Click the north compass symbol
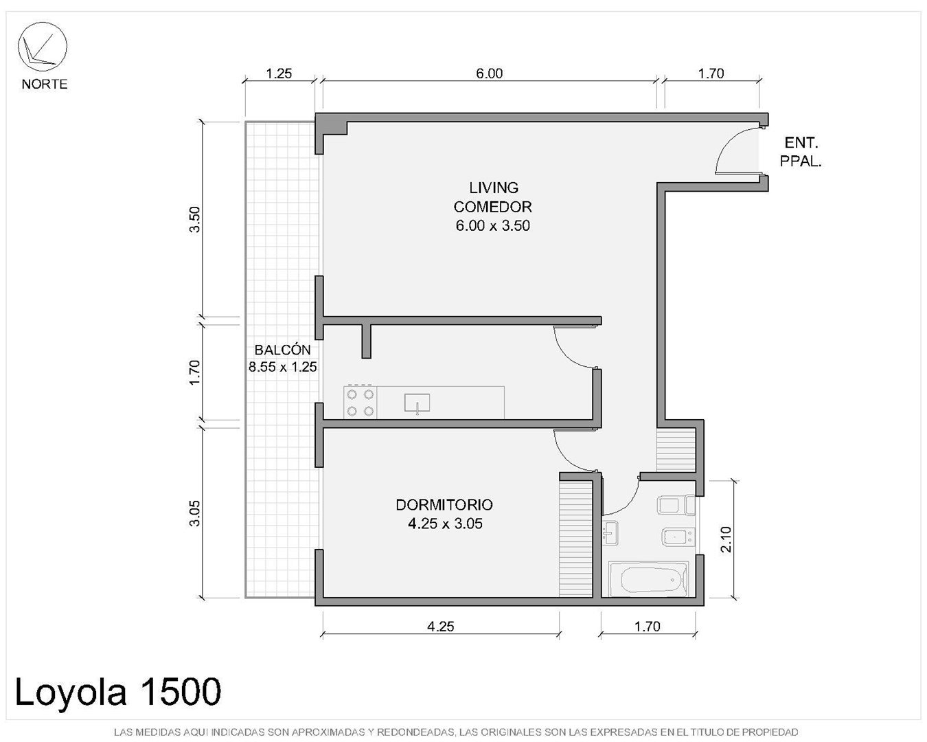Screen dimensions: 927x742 [42, 47]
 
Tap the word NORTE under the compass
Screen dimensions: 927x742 [45, 84]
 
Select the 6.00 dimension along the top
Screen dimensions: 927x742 [489, 74]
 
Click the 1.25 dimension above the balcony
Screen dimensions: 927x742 [279, 74]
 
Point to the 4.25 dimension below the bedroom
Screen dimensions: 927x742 [440, 626]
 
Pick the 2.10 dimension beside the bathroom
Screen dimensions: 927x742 [726, 539]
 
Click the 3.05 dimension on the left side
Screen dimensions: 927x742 [195, 513]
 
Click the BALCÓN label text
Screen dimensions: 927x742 [283, 349]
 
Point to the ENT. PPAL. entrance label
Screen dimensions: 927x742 [801, 152]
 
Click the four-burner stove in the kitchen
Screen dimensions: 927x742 [360, 402]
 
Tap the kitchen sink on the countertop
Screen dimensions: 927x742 [417, 403]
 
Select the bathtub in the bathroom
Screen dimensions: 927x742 [648, 579]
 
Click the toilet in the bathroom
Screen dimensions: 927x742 [676, 505]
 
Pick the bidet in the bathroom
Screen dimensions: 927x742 [678, 537]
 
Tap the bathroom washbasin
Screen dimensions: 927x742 [610, 533]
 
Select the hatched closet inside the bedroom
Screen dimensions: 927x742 [575, 539]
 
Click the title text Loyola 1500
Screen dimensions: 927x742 [118, 692]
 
